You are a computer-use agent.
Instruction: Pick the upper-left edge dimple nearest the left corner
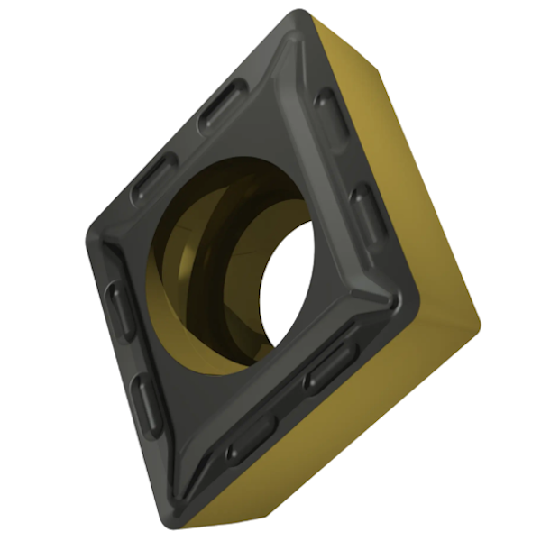(x=154, y=177)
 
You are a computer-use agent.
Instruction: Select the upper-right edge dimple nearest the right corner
(x=368, y=213)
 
